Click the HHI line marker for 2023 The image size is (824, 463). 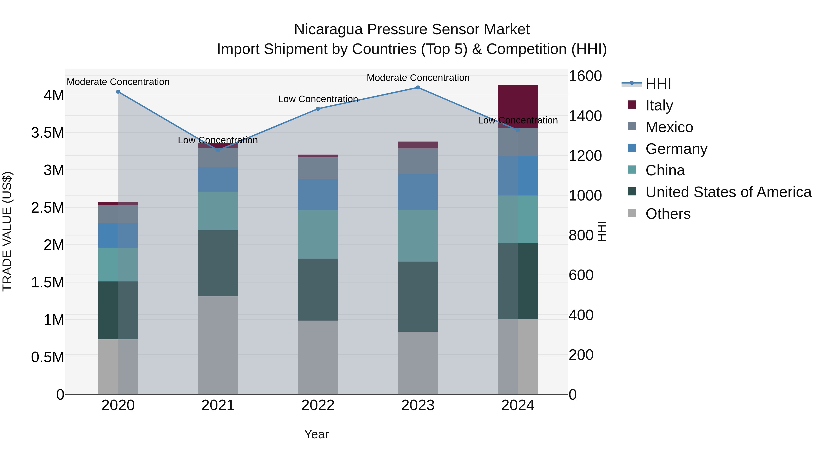(418, 88)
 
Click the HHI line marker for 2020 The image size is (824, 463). (118, 92)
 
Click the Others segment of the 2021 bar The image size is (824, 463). (218, 345)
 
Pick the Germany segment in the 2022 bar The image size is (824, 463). (318, 194)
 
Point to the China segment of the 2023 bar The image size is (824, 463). (418, 236)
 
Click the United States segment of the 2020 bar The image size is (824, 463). (118, 310)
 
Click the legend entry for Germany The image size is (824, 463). (676, 149)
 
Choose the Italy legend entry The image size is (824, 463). (659, 105)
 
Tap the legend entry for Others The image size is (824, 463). (668, 214)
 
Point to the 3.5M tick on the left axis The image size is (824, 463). (48, 133)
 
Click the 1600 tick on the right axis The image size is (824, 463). (585, 76)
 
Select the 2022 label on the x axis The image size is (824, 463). (318, 405)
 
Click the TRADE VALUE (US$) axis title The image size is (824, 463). (7, 231)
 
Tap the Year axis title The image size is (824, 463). (316, 434)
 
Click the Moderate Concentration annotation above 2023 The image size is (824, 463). (418, 78)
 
